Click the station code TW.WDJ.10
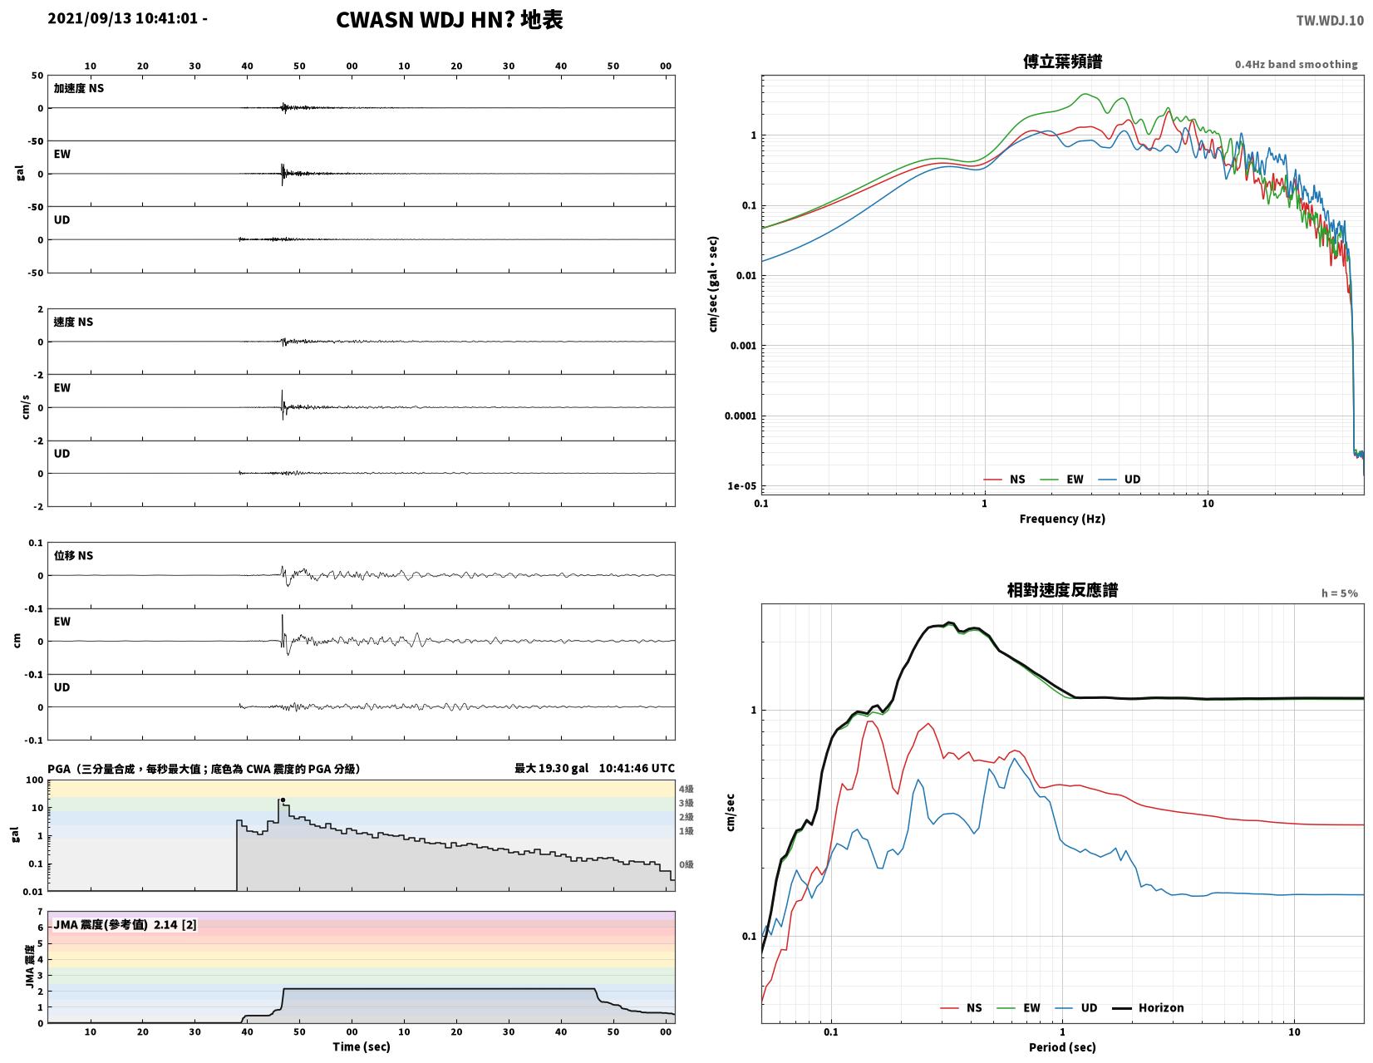tap(1330, 20)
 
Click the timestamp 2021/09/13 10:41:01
tap(122, 18)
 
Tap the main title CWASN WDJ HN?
tap(425, 20)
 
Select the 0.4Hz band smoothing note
tap(1296, 64)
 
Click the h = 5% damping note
tap(1340, 593)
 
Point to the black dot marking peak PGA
tap(283, 800)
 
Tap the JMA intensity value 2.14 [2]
tap(175, 925)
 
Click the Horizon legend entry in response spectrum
tap(1148, 1007)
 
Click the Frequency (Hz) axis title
tap(1062, 519)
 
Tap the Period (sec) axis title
tap(1062, 1046)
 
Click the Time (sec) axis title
tap(362, 1046)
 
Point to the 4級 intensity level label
tap(686, 788)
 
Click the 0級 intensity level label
tap(686, 864)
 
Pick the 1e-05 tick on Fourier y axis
tap(741, 485)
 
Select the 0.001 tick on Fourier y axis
tap(743, 346)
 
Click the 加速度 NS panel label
tap(78, 88)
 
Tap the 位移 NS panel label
tap(73, 555)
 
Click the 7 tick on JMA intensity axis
tap(41, 912)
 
